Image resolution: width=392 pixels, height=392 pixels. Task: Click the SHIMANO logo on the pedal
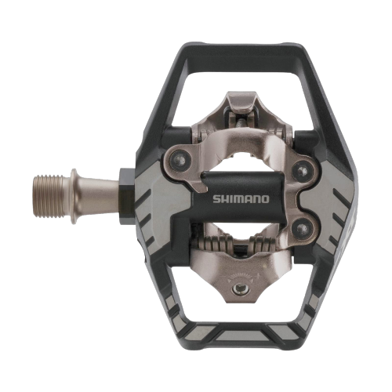[241, 199]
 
